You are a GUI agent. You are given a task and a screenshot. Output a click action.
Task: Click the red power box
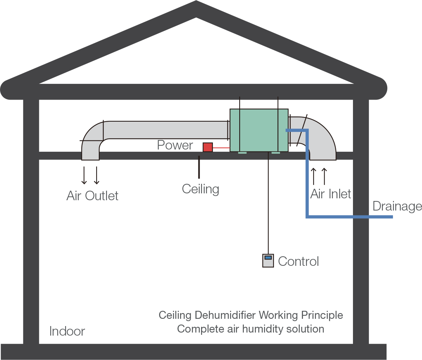(207, 147)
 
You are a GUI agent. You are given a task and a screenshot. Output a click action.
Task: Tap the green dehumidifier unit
(258, 130)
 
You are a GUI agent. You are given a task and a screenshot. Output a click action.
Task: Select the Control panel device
(268, 260)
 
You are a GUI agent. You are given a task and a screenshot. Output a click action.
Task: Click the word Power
(175, 145)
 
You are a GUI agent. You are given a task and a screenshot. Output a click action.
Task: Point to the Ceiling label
(200, 189)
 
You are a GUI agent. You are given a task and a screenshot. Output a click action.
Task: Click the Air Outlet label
(92, 196)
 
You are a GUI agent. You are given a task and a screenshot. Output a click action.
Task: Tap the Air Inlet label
(330, 194)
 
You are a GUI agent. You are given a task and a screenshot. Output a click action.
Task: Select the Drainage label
(397, 206)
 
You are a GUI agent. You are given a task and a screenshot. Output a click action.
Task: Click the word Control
(298, 262)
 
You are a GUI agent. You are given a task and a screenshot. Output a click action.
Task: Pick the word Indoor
(67, 331)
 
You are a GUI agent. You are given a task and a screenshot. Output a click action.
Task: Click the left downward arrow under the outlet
(84, 175)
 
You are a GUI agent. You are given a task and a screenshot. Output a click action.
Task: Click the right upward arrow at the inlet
(324, 176)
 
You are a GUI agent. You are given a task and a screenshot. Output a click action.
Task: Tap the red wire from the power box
(221, 147)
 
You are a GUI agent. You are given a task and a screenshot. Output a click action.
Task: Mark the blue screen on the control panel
(268, 258)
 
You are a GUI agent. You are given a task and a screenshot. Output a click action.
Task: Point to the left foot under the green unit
(242, 153)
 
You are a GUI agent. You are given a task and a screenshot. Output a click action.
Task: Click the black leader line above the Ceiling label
(199, 167)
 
